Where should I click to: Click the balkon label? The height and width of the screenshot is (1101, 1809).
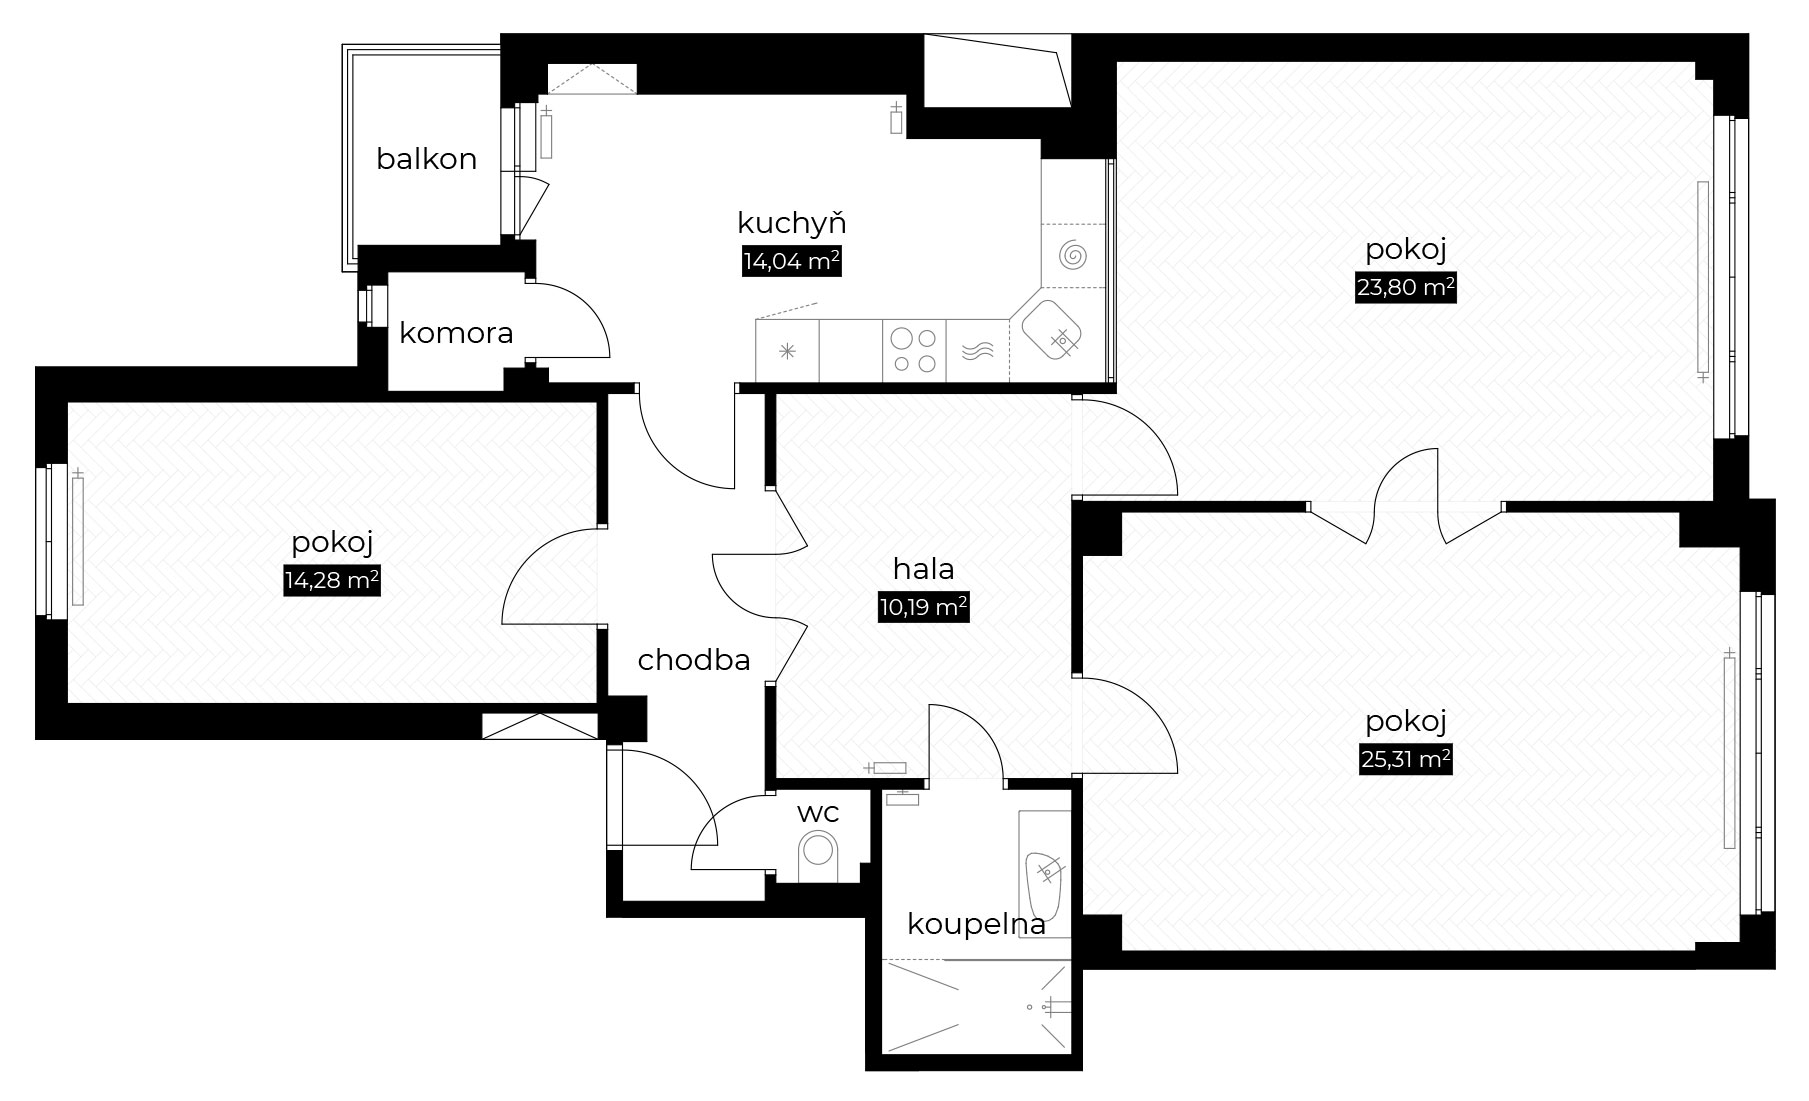click(426, 159)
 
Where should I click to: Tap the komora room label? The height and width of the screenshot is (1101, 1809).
click(456, 333)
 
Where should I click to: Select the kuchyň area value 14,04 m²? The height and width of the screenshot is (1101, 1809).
click(790, 262)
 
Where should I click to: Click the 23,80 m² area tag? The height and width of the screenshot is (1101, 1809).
click(1405, 289)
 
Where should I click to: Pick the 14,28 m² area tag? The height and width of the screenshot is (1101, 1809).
click(332, 582)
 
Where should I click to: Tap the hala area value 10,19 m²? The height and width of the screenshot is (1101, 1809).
click(923, 607)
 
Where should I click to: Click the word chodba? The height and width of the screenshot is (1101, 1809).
click(694, 660)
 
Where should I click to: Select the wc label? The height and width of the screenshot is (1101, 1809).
click(817, 813)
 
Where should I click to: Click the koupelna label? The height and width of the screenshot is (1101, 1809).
click(976, 924)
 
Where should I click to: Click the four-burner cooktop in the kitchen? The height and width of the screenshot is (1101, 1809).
click(914, 350)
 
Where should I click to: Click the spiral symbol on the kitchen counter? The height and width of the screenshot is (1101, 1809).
click(1074, 256)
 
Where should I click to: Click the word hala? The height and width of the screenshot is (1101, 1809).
click(923, 569)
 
